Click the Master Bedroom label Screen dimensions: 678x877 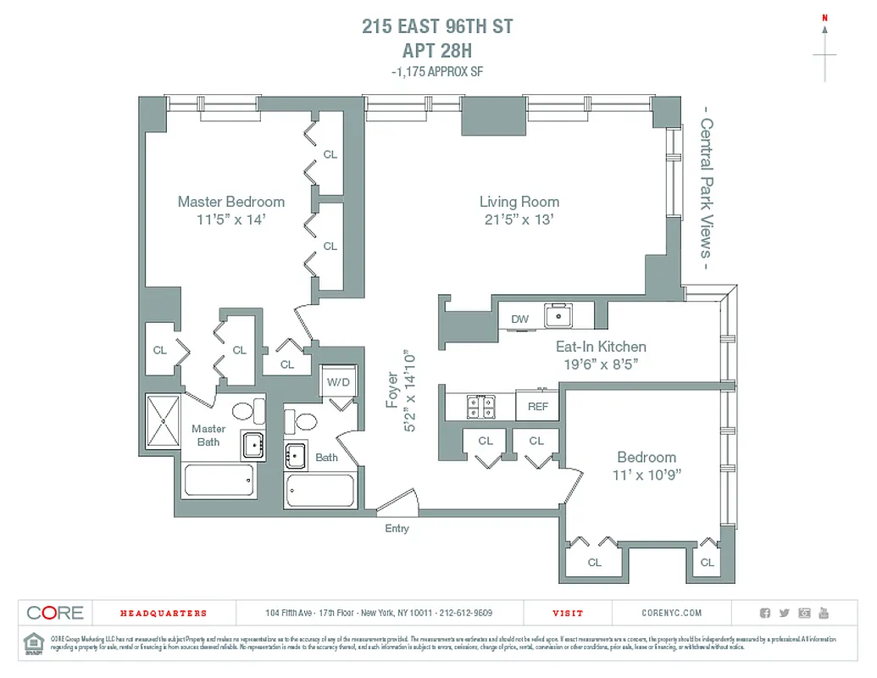pyautogui.click(x=230, y=202)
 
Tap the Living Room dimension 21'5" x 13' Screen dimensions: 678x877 pyautogui.click(x=519, y=220)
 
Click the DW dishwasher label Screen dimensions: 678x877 pyautogui.click(x=519, y=319)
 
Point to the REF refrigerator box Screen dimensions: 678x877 pyautogui.click(x=537, y=406)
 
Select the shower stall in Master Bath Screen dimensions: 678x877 pyautogui.click(x=164, y=421)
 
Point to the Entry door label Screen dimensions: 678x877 pyautogui.click(x=397, y=529)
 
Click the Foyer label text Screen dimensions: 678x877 pyautogui.click(x=392, y=390)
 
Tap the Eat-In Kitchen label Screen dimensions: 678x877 pyautogui.click(x=600, y=347)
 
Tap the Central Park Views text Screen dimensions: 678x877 pyautogui.click(x=705, y=188)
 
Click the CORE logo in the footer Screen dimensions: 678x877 pyautogui.click(x=55, y=613)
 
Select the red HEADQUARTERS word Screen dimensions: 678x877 pyautogui.click(x=163, y=613)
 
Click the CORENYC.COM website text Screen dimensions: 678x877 pyautogui.click(x=672, y=613)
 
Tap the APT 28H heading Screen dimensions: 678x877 pyautogui.click(x=437, y=49)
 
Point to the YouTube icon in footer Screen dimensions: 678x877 pyautogui.click(x=824, y=613)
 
